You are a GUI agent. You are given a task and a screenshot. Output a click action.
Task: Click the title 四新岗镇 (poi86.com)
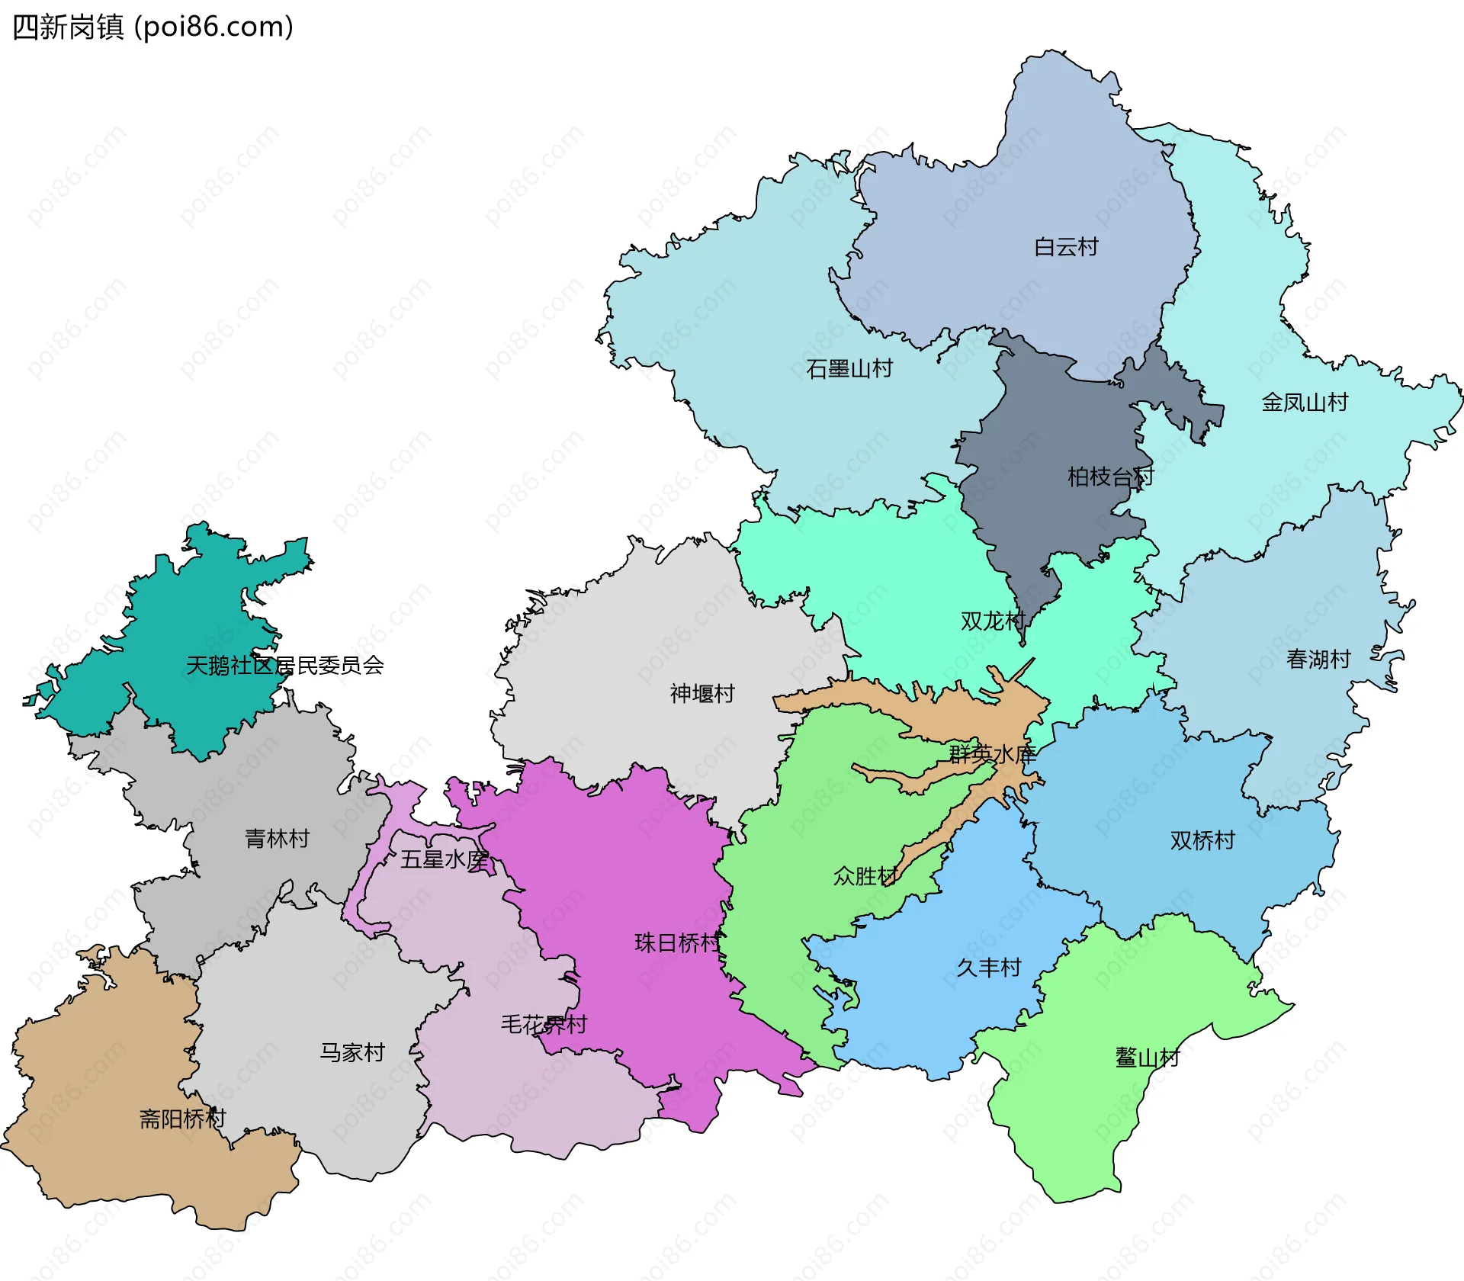coord(152,27)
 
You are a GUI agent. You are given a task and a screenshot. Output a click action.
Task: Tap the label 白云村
coord(1066,247)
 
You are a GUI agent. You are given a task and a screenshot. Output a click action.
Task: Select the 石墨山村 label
coord(849,369)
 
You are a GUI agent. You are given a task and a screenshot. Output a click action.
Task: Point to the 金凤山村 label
coord(1305,403)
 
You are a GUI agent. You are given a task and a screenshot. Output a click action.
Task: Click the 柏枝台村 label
coord(1110,477)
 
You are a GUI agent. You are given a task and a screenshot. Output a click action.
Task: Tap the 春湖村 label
coord(1318,660)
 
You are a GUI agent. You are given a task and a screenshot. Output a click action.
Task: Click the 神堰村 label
coord(702,694)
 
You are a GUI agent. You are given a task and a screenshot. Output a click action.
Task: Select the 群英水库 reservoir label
coord(992,755)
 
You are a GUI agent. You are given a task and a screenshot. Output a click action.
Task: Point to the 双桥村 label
coord(1202,841)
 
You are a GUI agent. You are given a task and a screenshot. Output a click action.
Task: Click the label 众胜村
coord(865,877)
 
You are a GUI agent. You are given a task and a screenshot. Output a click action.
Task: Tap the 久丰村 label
coord(989,968)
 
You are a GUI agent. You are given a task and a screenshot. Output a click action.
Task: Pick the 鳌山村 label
coord(1148,1058)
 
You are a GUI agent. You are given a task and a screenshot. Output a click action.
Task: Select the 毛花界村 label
coord(544,1025)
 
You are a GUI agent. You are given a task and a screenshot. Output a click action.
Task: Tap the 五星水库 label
coord(445,860)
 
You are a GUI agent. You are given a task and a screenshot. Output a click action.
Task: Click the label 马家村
coord(352,1053)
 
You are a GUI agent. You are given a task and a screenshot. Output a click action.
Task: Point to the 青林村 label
coord(278,840)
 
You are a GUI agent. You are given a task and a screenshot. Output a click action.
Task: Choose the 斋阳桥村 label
coord(183,1119)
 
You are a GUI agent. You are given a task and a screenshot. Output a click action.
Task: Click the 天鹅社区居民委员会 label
coord(285,666)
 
